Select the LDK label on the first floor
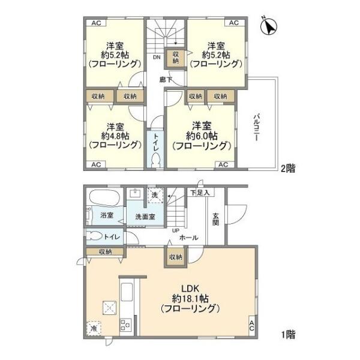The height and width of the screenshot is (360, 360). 190,288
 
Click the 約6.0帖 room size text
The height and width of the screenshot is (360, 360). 202,136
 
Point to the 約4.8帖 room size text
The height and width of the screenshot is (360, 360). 115,136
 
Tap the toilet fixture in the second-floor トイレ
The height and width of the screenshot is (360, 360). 155,160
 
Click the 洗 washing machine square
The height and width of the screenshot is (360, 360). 155,196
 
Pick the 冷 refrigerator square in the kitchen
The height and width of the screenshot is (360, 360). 94,328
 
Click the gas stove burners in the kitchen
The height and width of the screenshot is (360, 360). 125,325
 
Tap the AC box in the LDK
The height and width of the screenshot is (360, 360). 252,326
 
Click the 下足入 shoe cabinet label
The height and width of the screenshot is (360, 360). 200,193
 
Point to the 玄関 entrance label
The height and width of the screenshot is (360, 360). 215,219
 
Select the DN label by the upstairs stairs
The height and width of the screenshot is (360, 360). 157,58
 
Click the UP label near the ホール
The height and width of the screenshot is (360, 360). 176,231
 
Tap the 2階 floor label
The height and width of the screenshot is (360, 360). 288,168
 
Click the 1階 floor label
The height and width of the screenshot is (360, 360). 289,335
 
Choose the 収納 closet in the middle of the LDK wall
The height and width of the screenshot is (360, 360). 176,257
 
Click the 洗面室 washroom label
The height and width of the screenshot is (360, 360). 145,217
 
